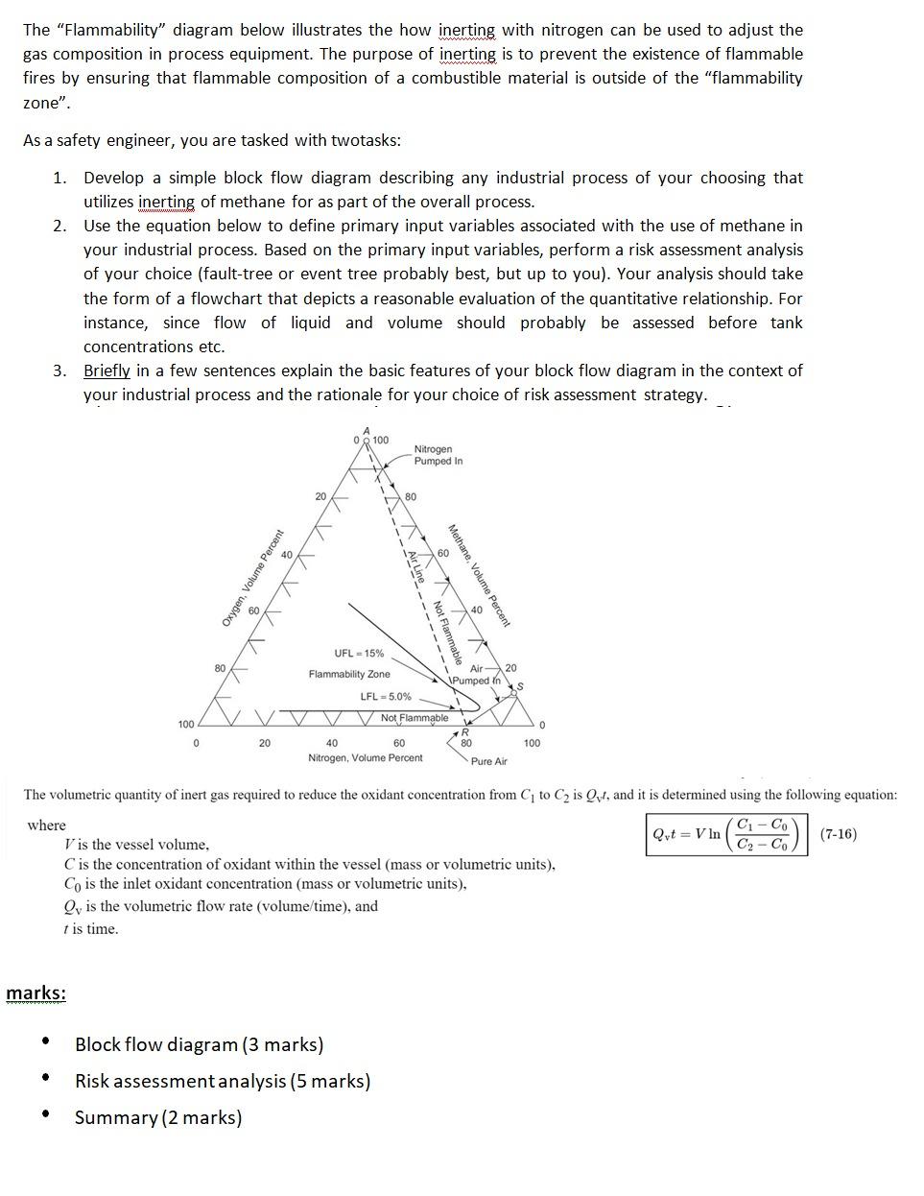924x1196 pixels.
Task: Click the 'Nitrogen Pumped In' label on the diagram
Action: coord(438,455)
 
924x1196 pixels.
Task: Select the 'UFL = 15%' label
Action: coord(359,654)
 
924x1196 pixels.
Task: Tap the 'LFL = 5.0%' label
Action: coord(386,697)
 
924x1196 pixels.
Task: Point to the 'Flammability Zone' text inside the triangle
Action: coord(349,675)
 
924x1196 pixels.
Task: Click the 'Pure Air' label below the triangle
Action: coord(489,761)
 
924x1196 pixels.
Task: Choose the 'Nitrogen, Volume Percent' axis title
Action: coord(365,758)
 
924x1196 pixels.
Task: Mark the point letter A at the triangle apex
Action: coord(366,429)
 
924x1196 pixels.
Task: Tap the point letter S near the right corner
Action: coord(520,685)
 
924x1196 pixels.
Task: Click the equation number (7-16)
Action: coord(838,833)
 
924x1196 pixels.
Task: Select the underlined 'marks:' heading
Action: coord(36,993)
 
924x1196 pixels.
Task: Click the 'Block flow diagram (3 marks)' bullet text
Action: coord(199,1044)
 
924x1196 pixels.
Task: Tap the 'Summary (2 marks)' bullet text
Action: coord(158,1117)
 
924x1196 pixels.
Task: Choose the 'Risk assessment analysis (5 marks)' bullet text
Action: coord(223,1081)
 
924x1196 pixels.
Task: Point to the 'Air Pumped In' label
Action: coord(477,674)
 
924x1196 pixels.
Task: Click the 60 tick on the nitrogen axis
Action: coord(399,743)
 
